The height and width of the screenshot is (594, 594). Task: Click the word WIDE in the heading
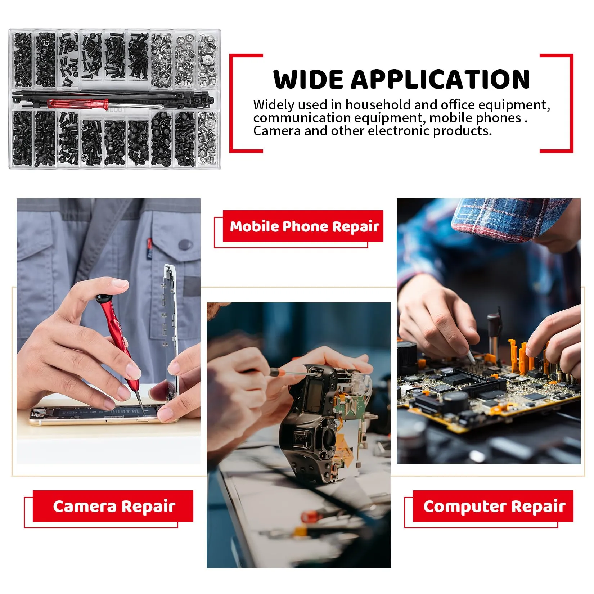tap(308, 80)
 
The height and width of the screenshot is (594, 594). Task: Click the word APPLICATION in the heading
tap(440, 80)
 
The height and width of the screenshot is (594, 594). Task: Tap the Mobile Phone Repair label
tap(304, 226)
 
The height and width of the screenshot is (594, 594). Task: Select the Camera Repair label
tap(114, 506)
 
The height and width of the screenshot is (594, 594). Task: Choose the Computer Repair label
tap(494, 506)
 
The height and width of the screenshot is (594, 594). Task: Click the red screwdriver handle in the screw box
tap(77, 104)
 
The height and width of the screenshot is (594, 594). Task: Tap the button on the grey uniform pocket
tap(185, 245)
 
